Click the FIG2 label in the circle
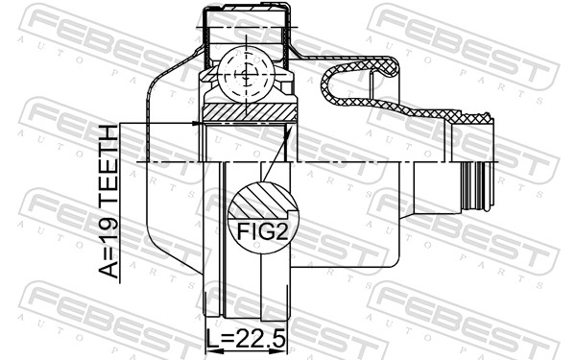tap(263, 231)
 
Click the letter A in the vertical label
tap(108, 270)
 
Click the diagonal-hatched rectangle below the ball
tap(250, 112)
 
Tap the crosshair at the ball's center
tap(246, 75)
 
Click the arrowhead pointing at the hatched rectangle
tap(198, 123)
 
